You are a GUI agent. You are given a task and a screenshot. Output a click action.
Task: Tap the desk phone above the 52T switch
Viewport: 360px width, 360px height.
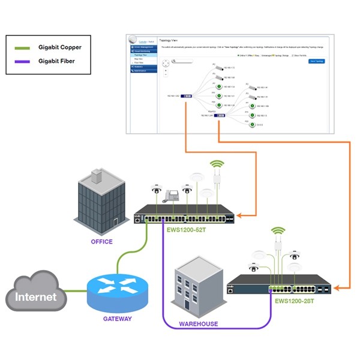[173, 195]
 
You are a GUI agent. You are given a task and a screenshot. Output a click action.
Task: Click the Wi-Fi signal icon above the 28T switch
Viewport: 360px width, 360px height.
[277, 230]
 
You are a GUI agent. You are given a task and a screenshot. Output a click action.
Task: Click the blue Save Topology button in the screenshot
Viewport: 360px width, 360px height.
[316, 61]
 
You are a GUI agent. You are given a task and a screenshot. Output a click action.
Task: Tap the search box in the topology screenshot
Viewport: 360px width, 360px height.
[182, 61]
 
